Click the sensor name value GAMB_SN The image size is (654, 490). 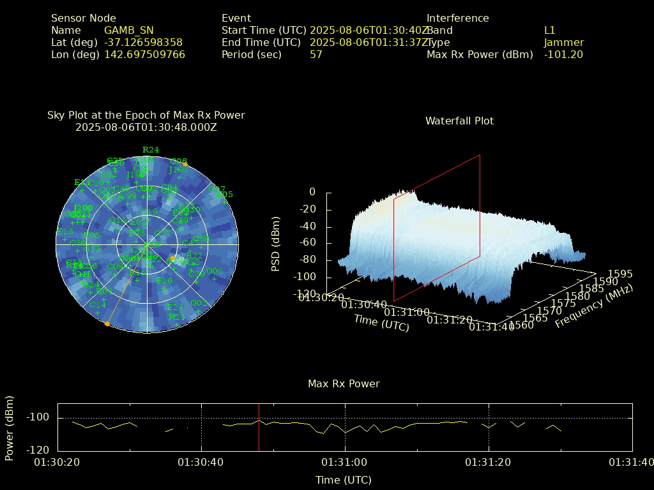pyautogui.click(x=128, y=31)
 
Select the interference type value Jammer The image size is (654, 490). pyautogui.click(x=563, y=43)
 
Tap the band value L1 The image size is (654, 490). pyautogui.click(x=549, y=31)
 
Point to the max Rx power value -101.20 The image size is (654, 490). pyautogui.click(x=563, y=55)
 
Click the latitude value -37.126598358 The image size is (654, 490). pyautogui.click(x=143, y=43)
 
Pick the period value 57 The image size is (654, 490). pyautogui.click(x=316, y=55)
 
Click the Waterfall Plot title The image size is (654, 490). pyautogui.click(x=459, y=121)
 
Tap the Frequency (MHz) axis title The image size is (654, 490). pyautogui.click(x=593, y=307)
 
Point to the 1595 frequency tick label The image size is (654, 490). pyautogui.click(x=620, y=274)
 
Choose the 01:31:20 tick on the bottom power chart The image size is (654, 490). pyautogui.click(x=489, y=462)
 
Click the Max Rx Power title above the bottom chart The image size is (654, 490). pyautogui.click(x=344, y=384)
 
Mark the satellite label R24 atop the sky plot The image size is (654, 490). pyautogui.click(x=151, y=150)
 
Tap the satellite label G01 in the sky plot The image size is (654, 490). pyautogui.click(x=215, y=271)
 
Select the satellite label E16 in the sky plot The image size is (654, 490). pyautogui.click(x=164, y=281)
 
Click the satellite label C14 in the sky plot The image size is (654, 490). pyautogui.click(x=98, y=305)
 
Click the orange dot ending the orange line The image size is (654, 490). pyautogui.click(x=107, y=324)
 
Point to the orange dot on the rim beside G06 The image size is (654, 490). pyautogui.click(x=185, y=165)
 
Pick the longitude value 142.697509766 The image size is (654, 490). pyautogui.click(x=144, y=55)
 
